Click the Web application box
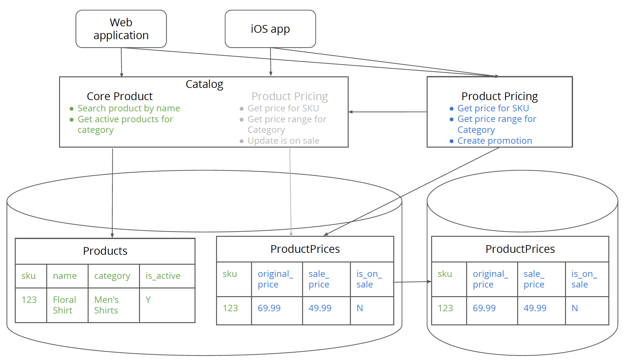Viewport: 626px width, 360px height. pos(121,29)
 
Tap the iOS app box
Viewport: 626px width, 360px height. pos(270,29)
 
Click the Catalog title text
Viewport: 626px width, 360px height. pos(204,84)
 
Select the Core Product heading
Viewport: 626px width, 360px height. pos(119,96)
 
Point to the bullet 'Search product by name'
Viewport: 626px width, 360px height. pos(128,108)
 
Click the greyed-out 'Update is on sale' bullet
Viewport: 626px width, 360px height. pos(283,141)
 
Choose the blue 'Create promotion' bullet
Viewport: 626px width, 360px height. pos(494,141)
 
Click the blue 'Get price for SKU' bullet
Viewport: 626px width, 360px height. pos(493,108)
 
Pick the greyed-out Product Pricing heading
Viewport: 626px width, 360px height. pos(289,96)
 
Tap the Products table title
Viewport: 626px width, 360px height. pos(105,251)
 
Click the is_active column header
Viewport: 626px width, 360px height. pos(163,276)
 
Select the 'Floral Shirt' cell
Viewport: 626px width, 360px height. pos(64,305)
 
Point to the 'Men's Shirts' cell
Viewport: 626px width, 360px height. pos(106,305)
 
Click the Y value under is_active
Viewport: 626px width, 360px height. pos(148,300)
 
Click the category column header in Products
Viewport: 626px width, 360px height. pos(112,276)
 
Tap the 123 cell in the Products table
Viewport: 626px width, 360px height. pos(29,300)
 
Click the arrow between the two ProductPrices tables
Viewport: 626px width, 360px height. pos(413,282)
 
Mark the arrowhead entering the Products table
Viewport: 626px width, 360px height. pos(112,236)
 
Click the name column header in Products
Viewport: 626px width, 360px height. pos(65,276)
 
